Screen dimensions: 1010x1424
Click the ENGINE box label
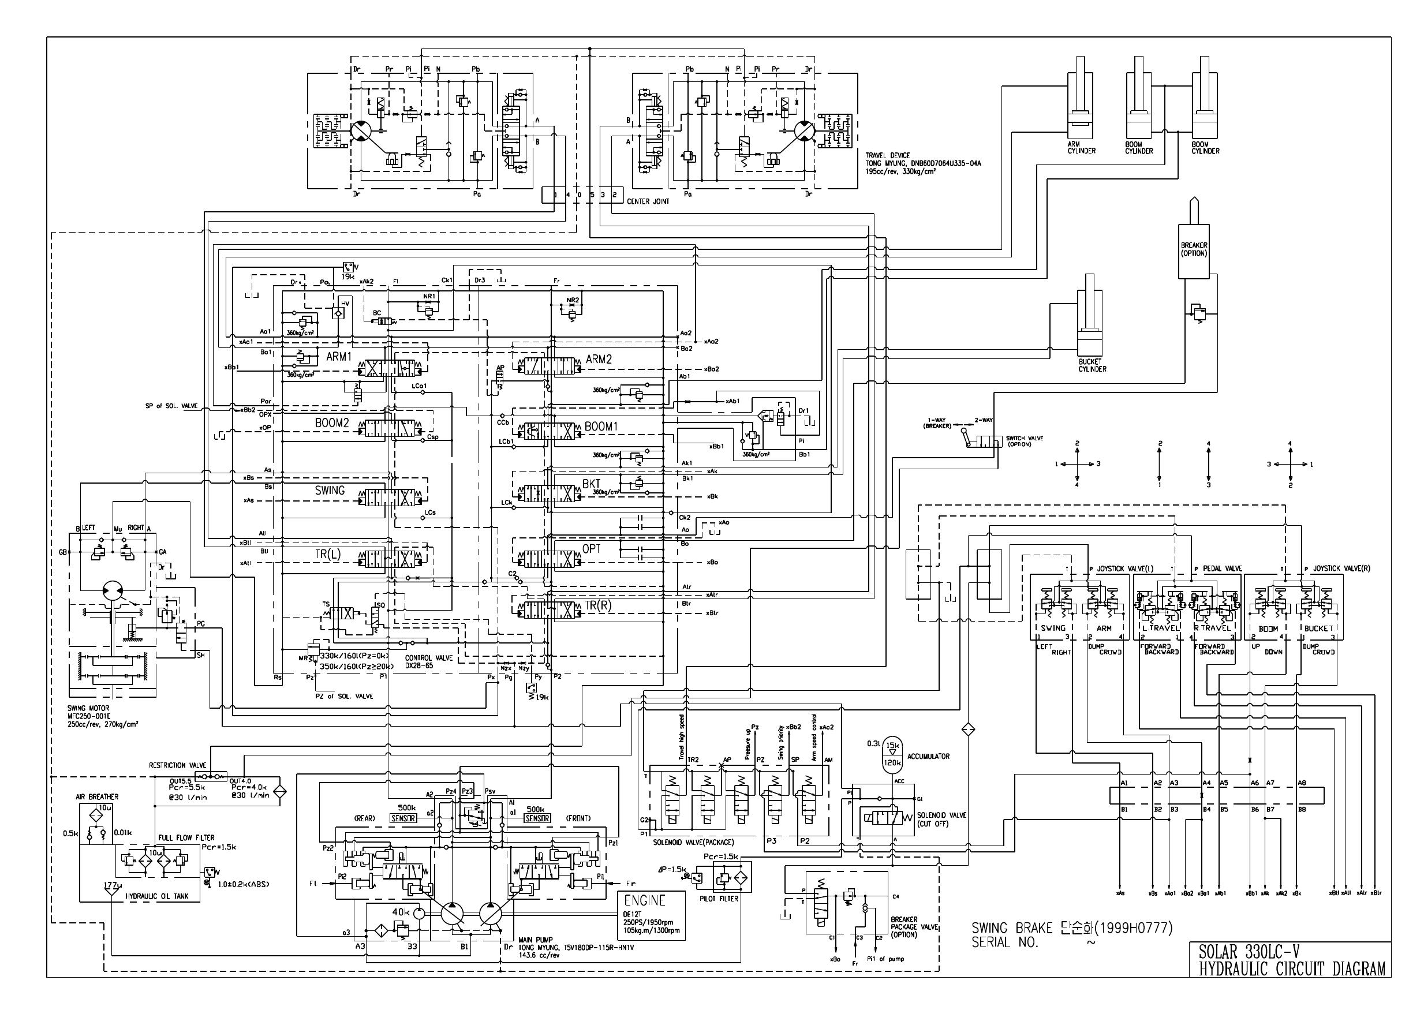click(x=644, y=900)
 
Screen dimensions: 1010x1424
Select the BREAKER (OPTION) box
click(x=1193, y=250)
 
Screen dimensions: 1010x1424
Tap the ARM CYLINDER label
click(x=1081, y=147)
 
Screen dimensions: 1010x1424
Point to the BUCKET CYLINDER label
click(x=1092, y=365)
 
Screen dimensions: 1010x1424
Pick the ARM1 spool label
click(x=339, y=357)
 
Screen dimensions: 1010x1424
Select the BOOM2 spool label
click(x=331, y=423)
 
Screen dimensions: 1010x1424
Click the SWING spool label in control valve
click(x=330, y=490)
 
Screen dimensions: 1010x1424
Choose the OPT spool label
click(x=592, y=548)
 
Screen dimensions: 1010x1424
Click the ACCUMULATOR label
click(x=928, y=756)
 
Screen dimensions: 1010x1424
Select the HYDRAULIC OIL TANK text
click(x=154, y=896)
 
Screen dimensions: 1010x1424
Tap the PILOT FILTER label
click(x=719, y=899)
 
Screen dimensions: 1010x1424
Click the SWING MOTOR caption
click(x=88, y=708)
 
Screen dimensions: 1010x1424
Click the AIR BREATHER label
click(x=96, y=796)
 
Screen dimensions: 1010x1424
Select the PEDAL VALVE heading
click(x=1217, y=568)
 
